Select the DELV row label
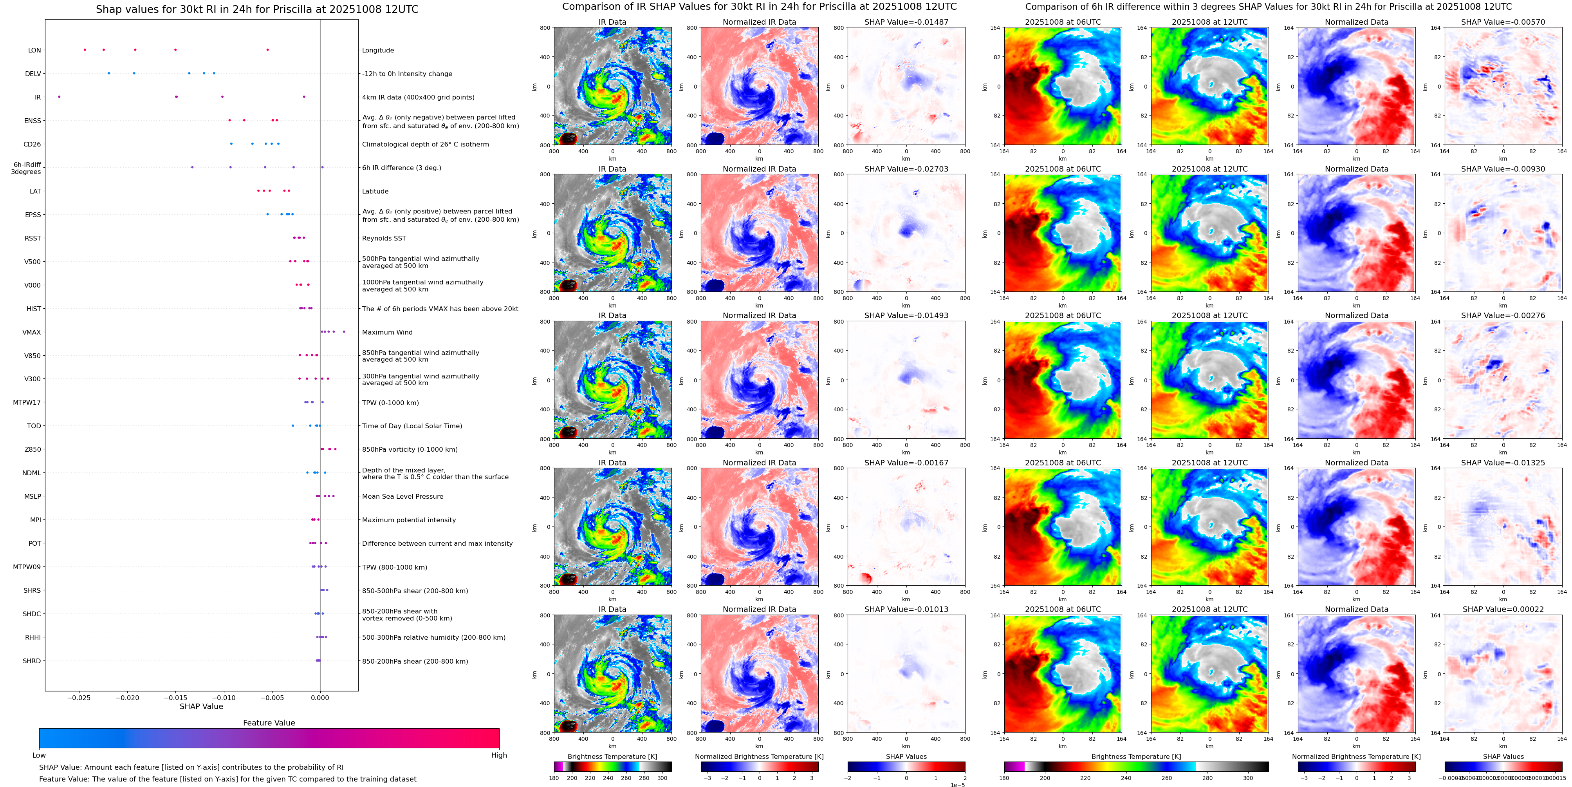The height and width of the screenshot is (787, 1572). pyautogui.click(x=33, y=74)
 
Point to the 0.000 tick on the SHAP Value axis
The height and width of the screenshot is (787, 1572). pyautogui.click(x=320, y=697)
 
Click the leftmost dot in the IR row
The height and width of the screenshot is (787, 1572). pyautogui.click(x=59, y=96)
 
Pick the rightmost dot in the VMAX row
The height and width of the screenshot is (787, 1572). pyautogui.click(x=344, y=331)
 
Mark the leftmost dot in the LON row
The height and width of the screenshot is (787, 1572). pyautogui.click(x=85, y=49)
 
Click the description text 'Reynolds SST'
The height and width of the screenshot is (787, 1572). pyautogui.click(x=383, y=238)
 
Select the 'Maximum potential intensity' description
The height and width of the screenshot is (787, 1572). pyautogui.click(x=408, y=520)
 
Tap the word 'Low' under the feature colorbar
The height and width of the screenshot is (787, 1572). pyautogui.click(x=39, y=755)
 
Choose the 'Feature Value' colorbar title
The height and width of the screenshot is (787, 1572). pyautogui.click(x=269, y=723)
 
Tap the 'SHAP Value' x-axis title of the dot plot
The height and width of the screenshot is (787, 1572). pyautogui.click(x=201, y=706)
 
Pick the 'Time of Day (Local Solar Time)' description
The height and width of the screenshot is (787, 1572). pyautogui.click(x=412, y=426)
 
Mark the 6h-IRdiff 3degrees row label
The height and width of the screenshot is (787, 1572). pyautogui.click(x=27, y=168)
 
